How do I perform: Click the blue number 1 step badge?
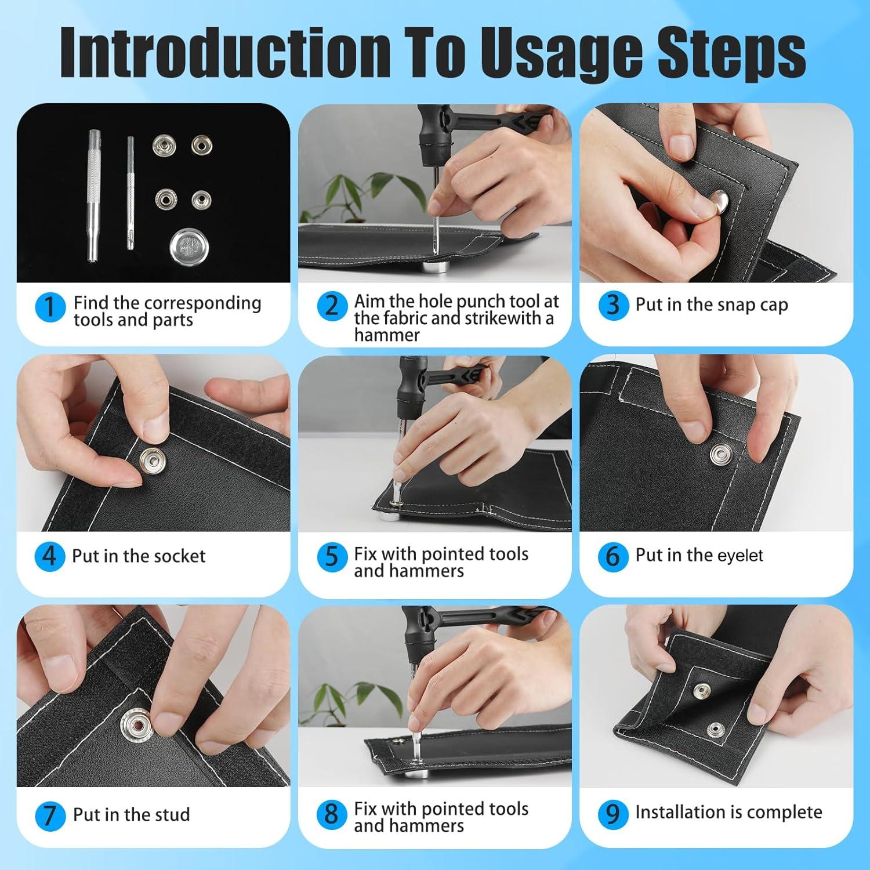50,306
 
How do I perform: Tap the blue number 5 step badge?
332,557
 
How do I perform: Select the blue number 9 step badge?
613,814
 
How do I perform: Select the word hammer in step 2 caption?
387,335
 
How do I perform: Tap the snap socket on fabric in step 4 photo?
153,462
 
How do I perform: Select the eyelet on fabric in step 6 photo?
722,454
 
